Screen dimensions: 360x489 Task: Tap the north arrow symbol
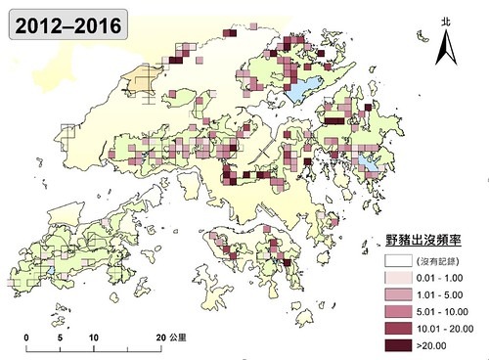point(445,44)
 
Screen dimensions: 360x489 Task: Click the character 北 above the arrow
point(445,20)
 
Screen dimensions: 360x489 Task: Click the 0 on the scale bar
point(26,336)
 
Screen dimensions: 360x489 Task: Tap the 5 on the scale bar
point(60,336)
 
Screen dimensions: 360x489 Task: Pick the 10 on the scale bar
point(94,336)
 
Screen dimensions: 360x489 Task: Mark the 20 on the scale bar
point(160,336)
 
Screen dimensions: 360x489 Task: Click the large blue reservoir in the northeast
point(304,87)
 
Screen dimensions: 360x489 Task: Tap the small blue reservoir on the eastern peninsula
point(367,161)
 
